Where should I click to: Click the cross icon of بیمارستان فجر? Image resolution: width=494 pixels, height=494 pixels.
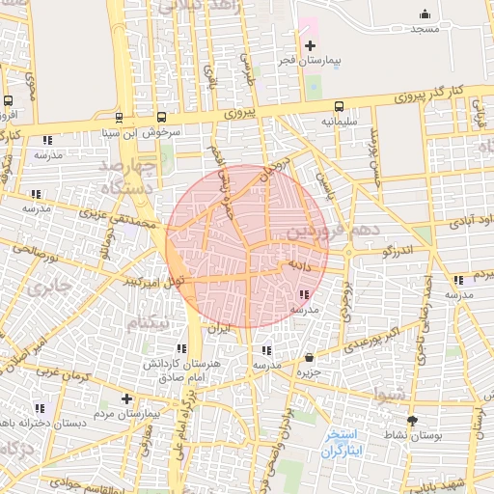pos(310,45)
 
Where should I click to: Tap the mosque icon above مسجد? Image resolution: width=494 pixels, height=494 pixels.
pos(425,14)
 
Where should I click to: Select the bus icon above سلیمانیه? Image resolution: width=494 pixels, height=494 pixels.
pos(338,107)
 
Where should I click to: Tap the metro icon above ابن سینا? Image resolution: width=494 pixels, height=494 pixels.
pos(119,118)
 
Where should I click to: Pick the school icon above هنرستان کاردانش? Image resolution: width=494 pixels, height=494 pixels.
pos(181,348)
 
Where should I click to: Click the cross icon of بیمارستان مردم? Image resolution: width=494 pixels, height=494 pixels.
pos(126,398)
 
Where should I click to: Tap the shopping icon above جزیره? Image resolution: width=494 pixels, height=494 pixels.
pos(309,356)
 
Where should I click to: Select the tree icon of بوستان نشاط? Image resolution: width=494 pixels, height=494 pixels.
pos(413,421)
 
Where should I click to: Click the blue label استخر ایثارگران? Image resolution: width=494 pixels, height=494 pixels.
pos(343,442)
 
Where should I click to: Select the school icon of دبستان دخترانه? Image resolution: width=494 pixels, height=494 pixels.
pos(40,407)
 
